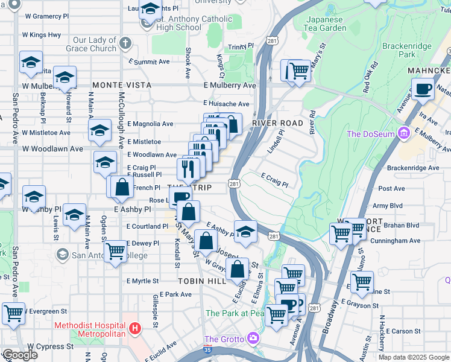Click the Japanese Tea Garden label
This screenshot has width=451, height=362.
click(x=324, y=24)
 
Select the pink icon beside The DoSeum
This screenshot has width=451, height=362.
click(x=403, y=133)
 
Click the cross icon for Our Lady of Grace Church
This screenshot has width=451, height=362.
click(x=125, y=43)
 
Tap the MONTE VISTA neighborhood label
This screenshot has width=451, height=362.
click(x=121, y=85)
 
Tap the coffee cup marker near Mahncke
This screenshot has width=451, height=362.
click(x=423, y=89)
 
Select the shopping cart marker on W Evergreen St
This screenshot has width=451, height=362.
click(x=13, y=313)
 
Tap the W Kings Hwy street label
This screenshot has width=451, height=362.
click(x=42, y=35)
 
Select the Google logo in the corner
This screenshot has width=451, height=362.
click(x=19, y=355)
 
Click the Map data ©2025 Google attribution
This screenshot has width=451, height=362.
click(x=414, y=357)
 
